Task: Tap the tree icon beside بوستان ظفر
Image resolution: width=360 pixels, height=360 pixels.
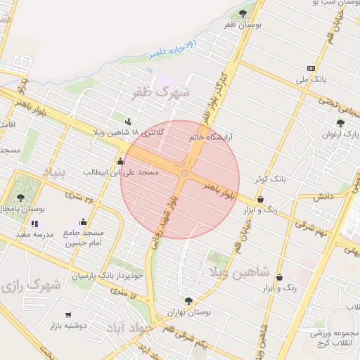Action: point(243,13)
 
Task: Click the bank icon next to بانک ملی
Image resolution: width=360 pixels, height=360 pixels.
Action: point(311,68)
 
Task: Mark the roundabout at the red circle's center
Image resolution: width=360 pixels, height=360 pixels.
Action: point(184,173)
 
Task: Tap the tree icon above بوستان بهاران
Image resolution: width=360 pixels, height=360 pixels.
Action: point(187,301)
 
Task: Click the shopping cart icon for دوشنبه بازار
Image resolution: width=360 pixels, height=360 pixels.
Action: point(68,315)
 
